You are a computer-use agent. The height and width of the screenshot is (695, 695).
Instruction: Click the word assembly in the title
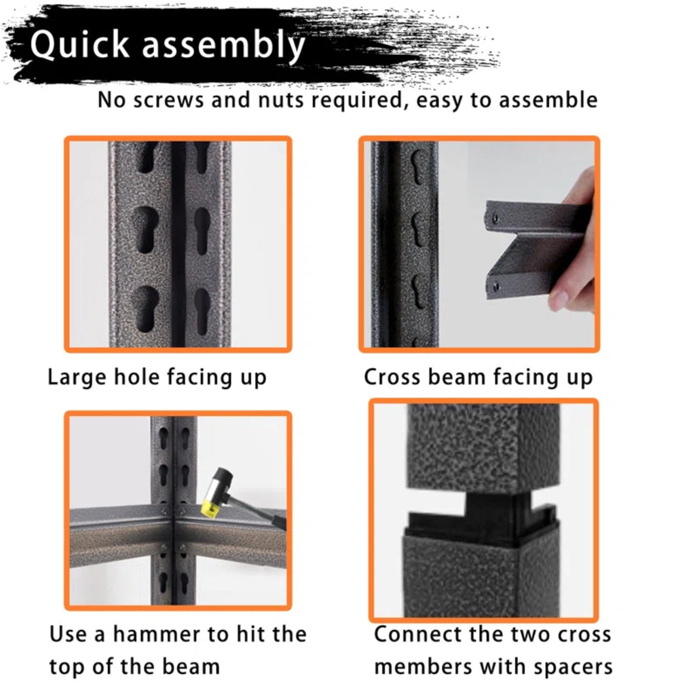click(x=223, y=45)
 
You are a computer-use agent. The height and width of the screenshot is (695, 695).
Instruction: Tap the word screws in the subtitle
click(x=169, y=100)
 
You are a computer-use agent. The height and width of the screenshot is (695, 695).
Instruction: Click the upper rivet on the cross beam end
click(x=495, y=218)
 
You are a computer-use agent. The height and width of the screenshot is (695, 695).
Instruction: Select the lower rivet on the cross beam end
click(x=496, y=287)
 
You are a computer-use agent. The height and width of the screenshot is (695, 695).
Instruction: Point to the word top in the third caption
click(x=66, y=668)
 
